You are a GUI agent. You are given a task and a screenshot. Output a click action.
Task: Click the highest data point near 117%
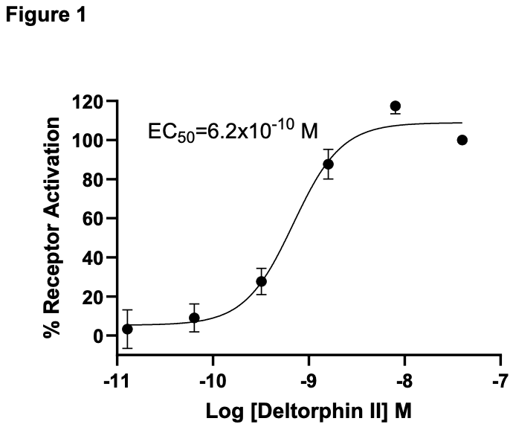(x=396, y=106)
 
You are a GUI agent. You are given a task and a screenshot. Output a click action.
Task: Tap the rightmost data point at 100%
(x=462, y=140)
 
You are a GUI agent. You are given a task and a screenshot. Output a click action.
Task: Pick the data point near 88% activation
(x=328, y=164)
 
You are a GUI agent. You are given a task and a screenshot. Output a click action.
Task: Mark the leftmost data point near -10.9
(x=127, y=329)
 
